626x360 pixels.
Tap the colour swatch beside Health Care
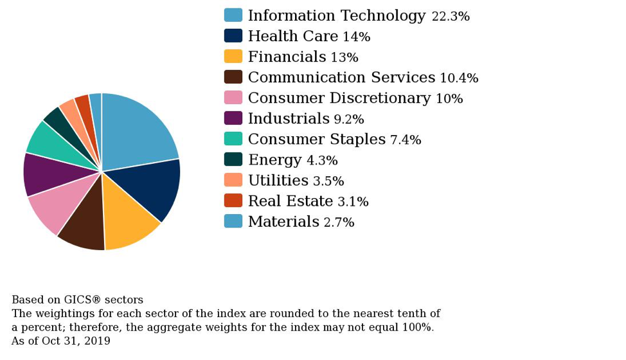pyautogui.click(x=233, y=36)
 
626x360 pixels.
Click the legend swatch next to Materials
pyautogui.click(x=233, y=221)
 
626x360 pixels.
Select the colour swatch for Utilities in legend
pyautogui.click(x=233, y=180)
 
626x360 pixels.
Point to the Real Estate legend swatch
pyautogui.click(x=233, y=201)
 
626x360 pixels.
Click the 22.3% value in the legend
pyautogui.click(x=451, y=17)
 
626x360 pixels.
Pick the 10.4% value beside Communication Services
pyautogui.click(x=459, y=78)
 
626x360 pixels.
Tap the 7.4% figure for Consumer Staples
pyautogui.click(x=406, y=140)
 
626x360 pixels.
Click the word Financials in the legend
pyautogui.click(x=287, y=57)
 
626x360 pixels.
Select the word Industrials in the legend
pyautogui.click(x=289, y=119)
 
